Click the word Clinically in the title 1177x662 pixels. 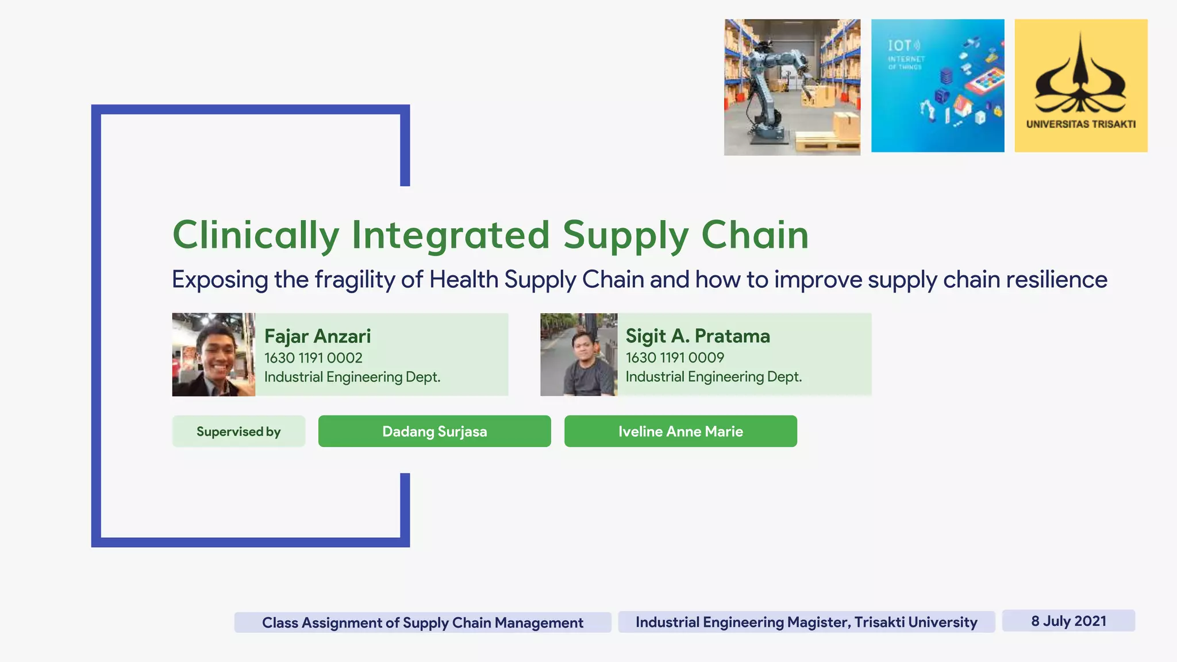(x=256, y=235)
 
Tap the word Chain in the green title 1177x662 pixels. (x=755, y=235)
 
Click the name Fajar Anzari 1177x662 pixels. (x=317, y=336)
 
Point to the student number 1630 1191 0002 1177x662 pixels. (x=313, y=358)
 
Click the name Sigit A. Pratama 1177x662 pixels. (x=697, y=336)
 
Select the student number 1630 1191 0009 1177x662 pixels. (x=674, y=357)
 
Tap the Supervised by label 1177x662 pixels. (x=239, y=432)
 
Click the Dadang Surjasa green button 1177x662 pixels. (x=434, y=432)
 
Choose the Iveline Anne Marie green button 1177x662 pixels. (x=680, y=432)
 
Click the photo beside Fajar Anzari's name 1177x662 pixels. (x=213, y=355)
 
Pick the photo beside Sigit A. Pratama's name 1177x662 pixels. (x=579, y=355)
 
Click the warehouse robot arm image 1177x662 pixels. (x=792, y=87)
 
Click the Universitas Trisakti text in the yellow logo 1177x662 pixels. (x=1080, y=124)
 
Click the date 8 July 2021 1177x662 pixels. (x=1068, y=621)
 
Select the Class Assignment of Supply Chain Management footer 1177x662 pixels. (x=422, y=623)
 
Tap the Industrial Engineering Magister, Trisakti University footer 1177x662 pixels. (x=806, y=622)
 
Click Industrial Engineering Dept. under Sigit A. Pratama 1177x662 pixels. (x=713, y=377)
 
